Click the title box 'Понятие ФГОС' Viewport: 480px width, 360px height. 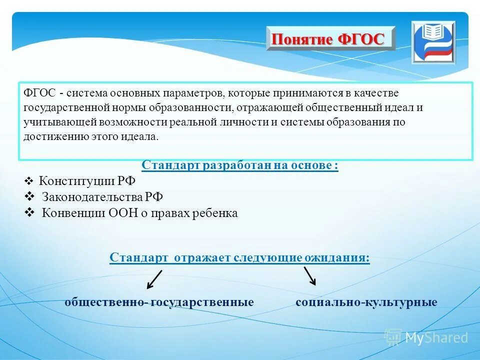(x=330, y=39)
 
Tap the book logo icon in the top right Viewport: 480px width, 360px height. (x=433, y=42)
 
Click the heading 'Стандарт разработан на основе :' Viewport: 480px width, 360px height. (x=240, y=165)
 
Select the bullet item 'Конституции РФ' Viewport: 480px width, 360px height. (x=87, y=181)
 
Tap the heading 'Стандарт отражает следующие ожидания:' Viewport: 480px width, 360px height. (x=240, y=257)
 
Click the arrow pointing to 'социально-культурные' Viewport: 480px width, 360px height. (x=310, y=276)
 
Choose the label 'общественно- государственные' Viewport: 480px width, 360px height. (x=159, y=302)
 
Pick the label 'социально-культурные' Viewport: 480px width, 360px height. (x=366, y=302)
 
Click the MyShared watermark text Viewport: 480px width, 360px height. (x=436, y=338)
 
